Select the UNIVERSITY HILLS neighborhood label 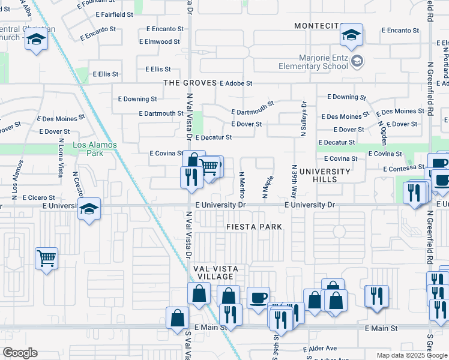point(328,176)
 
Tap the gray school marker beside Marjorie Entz point(357,61)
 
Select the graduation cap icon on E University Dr point(89,209)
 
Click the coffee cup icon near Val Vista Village point(258,298)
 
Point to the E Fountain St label point(98,4)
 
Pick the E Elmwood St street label point(159,42)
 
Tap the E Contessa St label point(405,167)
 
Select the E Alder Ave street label point(321,349)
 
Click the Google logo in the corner point(20,353)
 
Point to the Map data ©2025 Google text point(411,355)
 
